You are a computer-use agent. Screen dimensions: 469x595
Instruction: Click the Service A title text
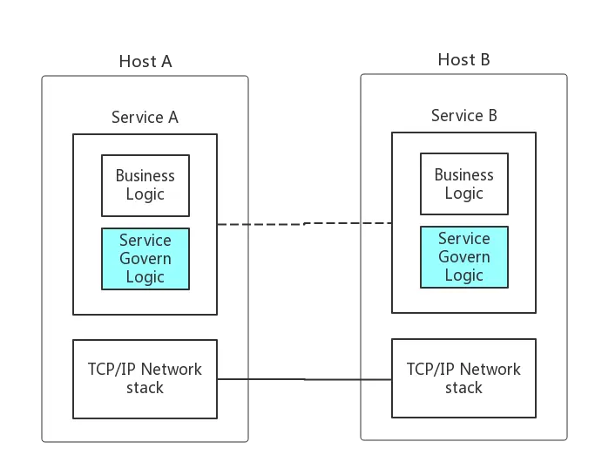click(x=145, y=117)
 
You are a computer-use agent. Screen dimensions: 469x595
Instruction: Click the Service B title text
click(x=463, y=116)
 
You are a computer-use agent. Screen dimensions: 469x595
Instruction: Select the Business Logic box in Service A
click(x=145, y=185)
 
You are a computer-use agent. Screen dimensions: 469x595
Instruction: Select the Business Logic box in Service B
click(x=463, y=184)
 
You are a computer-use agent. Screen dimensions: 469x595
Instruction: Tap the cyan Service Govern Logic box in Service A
click(x=145, y=259)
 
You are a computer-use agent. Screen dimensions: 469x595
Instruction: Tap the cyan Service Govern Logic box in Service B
click(x=463, y=257)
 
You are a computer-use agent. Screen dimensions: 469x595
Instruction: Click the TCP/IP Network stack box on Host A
click(x=145, y=378)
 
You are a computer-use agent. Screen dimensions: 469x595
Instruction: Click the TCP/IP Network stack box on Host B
click(x=463, y=378)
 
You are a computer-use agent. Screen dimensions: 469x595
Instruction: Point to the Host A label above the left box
click(x=145, y=61)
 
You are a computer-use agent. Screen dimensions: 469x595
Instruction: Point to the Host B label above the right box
click(x=465, y=61)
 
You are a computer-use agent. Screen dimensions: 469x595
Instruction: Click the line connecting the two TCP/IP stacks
click(x=304, y=379)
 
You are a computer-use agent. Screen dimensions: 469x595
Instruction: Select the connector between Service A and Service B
click(x=304, y=225)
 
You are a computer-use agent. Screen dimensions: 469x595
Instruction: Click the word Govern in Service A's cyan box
click(x=145, y=259)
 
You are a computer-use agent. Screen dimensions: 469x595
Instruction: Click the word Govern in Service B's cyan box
click(x=463, y=257)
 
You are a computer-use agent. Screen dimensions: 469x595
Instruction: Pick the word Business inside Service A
click(x=145, y=176)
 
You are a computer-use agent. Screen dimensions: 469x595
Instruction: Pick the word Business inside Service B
click(x=463, y=175)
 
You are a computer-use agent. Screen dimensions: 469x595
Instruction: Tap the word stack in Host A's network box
click(x=145, y=388)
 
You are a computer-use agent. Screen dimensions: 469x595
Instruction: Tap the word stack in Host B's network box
click(x=463, y=388)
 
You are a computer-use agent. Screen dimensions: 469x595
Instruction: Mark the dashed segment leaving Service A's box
click(x=233, y=225)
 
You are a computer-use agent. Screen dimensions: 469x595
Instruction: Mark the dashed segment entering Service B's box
click(x=375, y=223)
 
